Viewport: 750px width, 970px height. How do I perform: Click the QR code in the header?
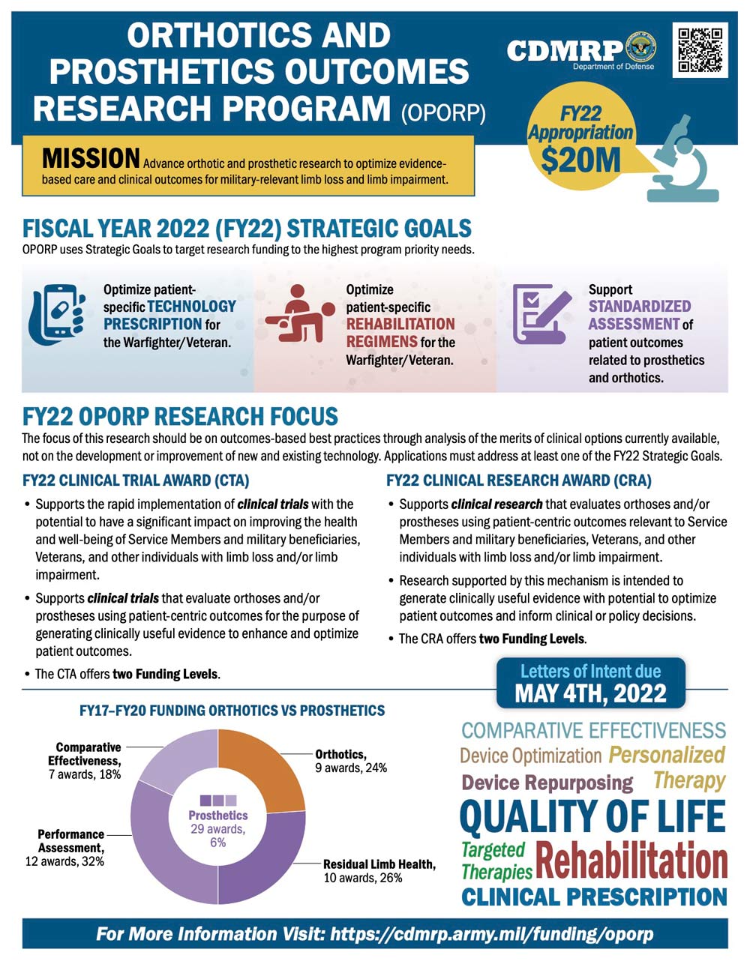700,50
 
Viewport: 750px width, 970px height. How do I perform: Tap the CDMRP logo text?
564,51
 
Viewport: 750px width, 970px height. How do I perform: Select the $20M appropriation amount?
580,160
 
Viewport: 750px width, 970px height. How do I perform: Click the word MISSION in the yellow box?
91,159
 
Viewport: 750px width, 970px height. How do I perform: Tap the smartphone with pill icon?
57,313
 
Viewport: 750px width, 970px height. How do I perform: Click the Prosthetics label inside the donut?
217,816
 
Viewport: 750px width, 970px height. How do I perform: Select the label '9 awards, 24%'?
350,768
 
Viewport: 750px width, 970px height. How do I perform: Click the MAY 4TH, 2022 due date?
590,693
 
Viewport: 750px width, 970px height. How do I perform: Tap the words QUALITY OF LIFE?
592,817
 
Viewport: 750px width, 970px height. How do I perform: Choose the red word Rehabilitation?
631,861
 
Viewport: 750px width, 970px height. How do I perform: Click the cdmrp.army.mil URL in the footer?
491,934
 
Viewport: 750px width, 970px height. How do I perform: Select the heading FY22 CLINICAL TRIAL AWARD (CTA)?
136,481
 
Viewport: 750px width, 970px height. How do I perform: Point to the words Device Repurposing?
547,783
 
